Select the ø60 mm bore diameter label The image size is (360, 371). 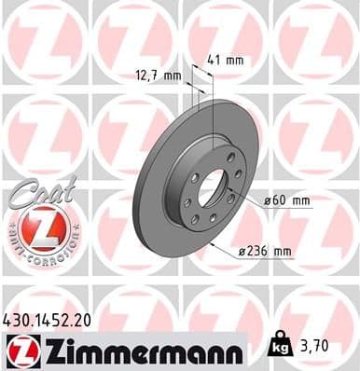(286, 199)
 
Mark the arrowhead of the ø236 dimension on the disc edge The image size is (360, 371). (212, 245)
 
